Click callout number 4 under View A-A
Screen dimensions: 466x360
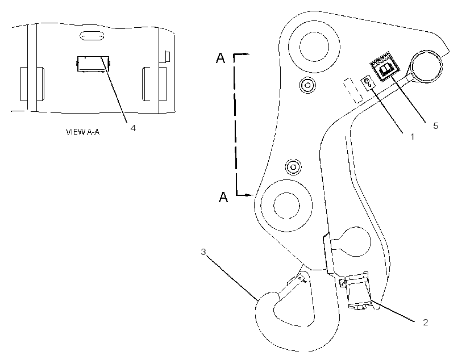133,128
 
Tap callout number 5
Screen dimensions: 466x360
435,125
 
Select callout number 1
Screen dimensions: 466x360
412,137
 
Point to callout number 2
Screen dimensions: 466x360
425,323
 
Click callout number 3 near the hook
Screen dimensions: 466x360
203,252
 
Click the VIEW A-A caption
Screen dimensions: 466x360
82,132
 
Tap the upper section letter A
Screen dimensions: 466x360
220,58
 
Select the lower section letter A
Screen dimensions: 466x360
223,197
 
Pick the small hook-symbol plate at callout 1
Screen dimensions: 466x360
368,82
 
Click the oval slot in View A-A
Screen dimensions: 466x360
92,36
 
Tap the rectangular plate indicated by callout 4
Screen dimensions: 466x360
93,64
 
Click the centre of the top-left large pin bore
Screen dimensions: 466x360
314,47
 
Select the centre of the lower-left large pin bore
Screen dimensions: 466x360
287,206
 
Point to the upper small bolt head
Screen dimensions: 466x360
307,86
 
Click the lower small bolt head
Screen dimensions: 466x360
293,167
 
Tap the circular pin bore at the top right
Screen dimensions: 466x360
426,66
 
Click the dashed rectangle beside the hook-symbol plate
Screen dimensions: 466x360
353,91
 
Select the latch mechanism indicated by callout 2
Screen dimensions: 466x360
355,291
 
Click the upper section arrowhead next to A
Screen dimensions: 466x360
246,54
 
